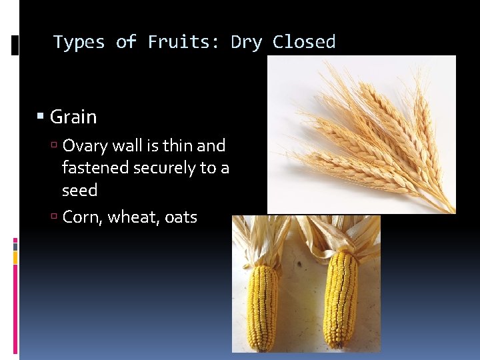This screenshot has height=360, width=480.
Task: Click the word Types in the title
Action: pos(79,42)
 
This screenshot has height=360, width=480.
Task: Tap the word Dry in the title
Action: pos(247,42)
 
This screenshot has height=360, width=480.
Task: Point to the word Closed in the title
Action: pos(304,42)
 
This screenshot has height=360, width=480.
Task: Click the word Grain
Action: pos(73,117)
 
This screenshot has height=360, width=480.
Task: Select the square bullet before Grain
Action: pos(41,117)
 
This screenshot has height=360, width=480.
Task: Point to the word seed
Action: pos(79,190)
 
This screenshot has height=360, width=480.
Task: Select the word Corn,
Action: pos(83,217)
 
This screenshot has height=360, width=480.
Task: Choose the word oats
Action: pos(181,217)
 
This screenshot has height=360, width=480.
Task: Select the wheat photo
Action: pos(361,134)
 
